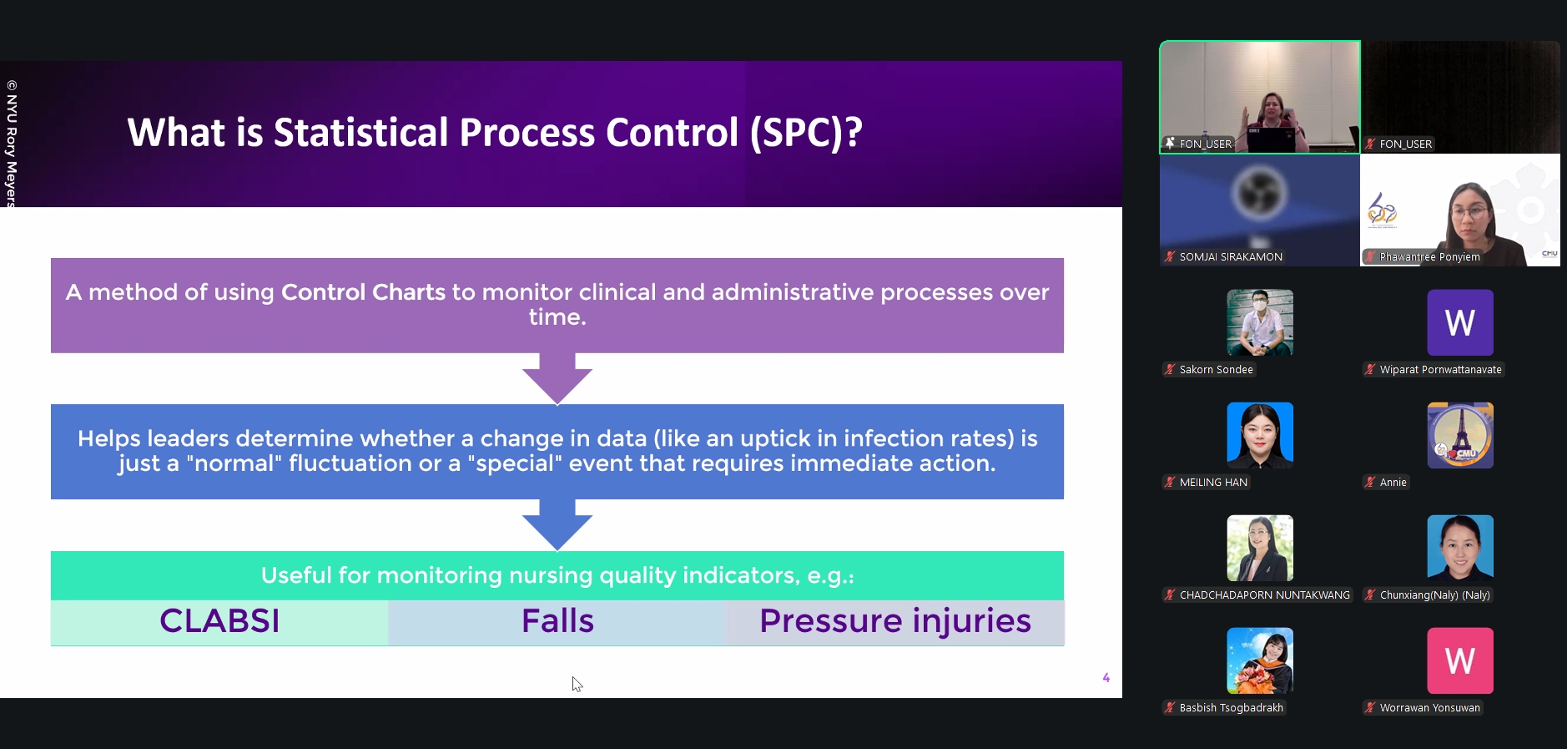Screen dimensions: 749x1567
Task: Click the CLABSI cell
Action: point(219,621)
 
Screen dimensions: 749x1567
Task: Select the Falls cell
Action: point(557,621)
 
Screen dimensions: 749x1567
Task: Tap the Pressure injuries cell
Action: point(894,621)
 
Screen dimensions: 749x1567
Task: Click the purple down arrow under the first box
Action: point(557,378)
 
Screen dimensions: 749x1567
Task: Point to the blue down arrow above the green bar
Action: point(557,524)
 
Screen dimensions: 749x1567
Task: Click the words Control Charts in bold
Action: point(363,292)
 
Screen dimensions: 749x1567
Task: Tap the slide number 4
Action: point(1106,678)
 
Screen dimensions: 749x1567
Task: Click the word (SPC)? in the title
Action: point(806,133)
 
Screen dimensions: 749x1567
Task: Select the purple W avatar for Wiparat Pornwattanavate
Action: point(1459,322)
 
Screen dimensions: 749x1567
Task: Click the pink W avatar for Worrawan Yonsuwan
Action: point(1459,660)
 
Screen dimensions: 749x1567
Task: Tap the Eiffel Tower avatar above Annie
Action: point(1459,435)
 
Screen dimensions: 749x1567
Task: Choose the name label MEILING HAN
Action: point(1213,483)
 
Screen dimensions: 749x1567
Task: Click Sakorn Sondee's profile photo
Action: point(1260,322)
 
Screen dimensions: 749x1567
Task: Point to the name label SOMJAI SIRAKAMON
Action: point(1231,257)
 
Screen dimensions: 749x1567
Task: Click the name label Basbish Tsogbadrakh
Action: point(1231,708)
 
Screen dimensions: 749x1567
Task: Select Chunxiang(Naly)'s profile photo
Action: point(1459,548)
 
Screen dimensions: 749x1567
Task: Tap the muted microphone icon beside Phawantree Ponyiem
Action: point(1370,257)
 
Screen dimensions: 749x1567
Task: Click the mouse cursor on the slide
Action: point(577,684)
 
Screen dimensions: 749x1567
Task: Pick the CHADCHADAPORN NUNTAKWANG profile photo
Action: point(1260,548)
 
